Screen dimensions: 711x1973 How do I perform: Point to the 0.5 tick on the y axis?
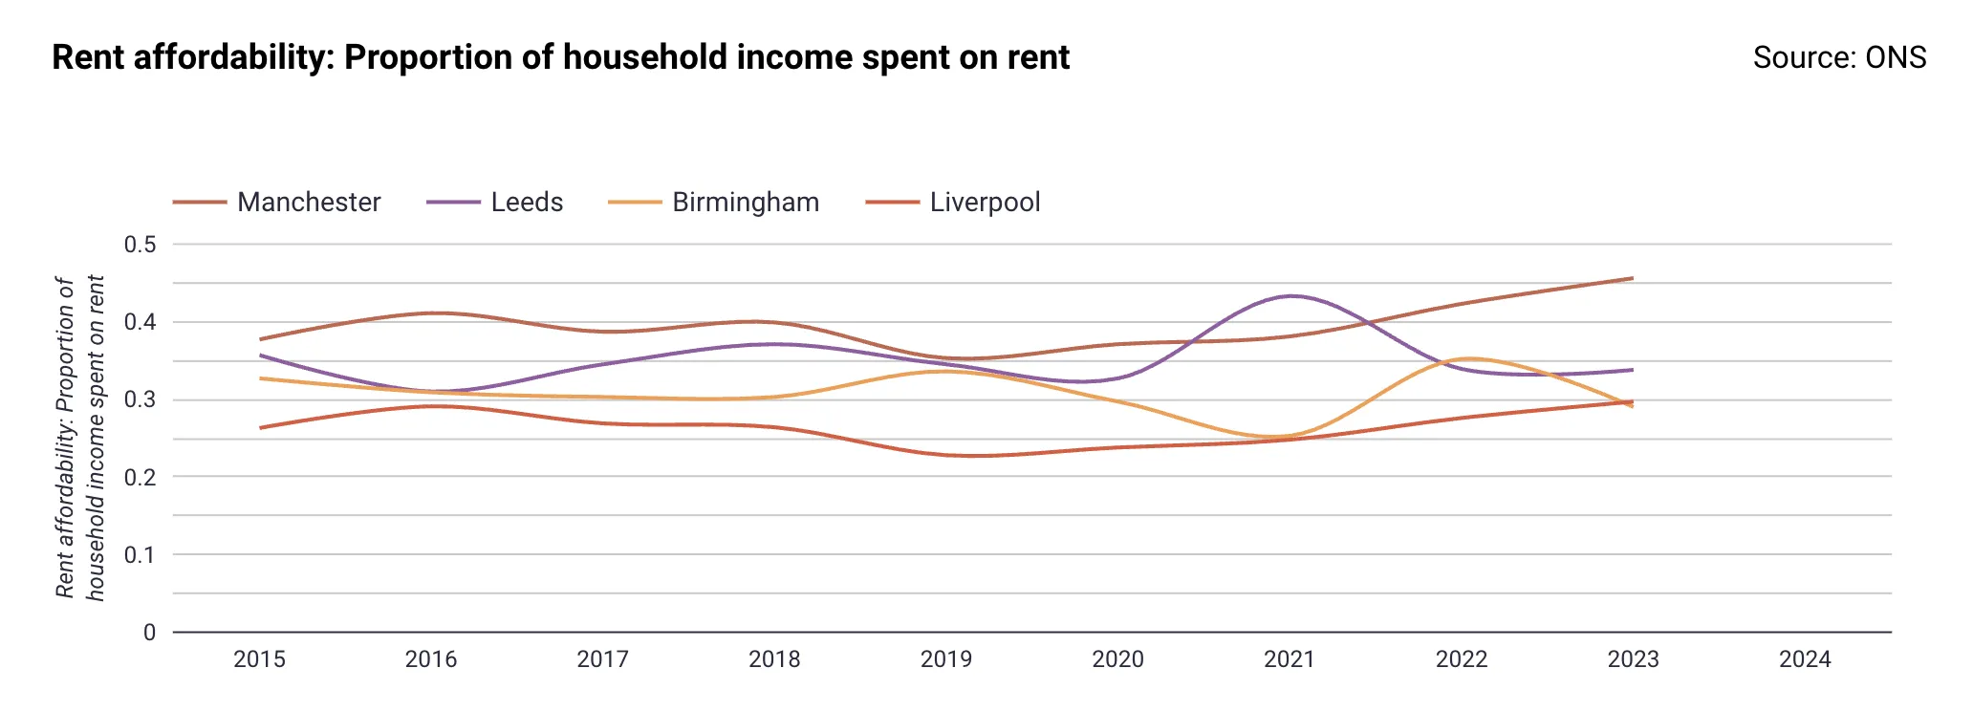pyautogui.click(x=140, y=245)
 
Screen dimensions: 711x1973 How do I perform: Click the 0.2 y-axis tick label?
pyautogui.click(x=140, y=477)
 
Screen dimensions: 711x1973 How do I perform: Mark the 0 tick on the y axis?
pyautogui.click(x=149, y=633)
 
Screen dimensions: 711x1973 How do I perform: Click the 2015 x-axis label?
pyautogui.click(x=259, y=659)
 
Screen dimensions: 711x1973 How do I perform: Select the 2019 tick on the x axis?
pyautogui.click(x=945, y=659)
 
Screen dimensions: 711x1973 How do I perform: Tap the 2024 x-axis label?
pyautogui.click(x=1805, y=659)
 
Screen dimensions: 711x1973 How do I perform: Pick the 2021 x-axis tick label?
pyautogui.click(x=1290, y=659)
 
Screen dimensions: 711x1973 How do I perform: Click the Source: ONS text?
pyautogui.click(x=1839, y=57)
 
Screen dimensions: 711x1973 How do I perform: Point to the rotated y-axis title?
pyautogui.click(x=80, y=438)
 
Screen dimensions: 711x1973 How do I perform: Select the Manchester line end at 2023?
pyautogui.click(x=1632, y=279)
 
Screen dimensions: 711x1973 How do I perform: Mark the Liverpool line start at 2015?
pyautogui.click(x=260, y=427)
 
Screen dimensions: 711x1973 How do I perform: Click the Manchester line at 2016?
pyautogui.click(x=432, y=313)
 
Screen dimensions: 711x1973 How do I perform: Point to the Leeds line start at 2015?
pyautogui.click(x=260, y=355)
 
